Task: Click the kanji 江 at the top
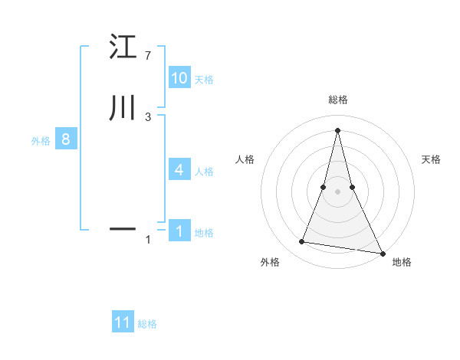[x=123, y=47]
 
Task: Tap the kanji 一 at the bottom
[x=123, y=228]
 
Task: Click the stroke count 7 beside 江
[x=147, y=56]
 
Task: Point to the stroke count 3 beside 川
[x=147, y=116]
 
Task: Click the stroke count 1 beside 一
[x=147, y=240]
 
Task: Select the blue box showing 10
[x=179, y=78]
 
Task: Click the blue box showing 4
[x=179, y=170]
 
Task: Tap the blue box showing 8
[x=66, y=140]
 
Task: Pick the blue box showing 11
[x=123, y=322]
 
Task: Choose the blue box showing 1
[x=179, y=231]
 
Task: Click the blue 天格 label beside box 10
[x=204, y=80]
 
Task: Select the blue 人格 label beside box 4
[x=204, y=172]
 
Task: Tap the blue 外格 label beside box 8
[x=41, y=141]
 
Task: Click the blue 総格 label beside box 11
[x=147, y=324]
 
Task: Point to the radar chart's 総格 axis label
[x=337, y=100]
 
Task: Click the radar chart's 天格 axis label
[x=431, y=159]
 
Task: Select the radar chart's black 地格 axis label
[x=402, y=263]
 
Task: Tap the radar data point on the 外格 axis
[x=302, y=242]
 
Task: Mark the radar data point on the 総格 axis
[x=337, y=129]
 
